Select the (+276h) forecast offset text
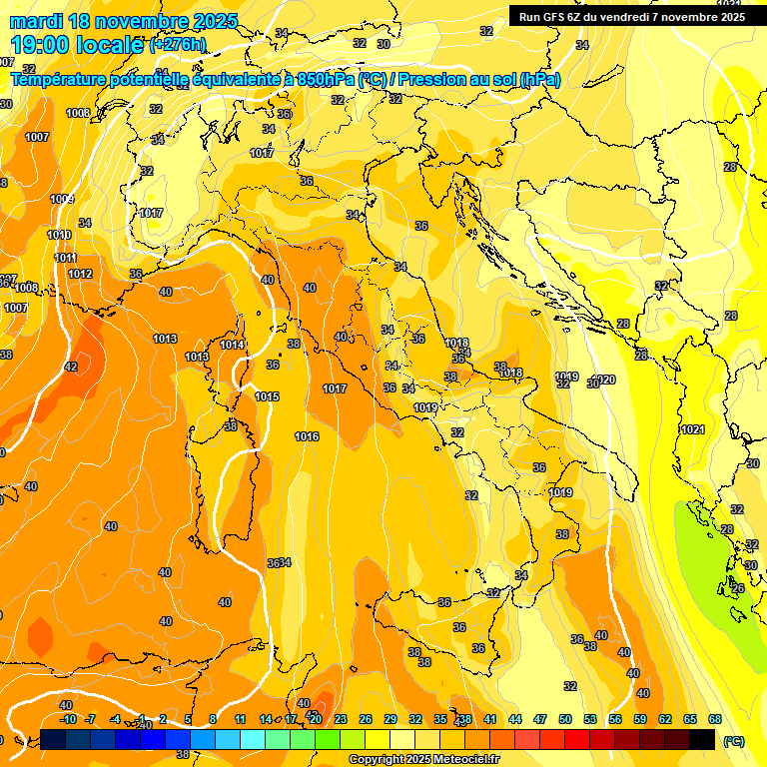click(178, 44)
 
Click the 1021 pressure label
click(692, 429)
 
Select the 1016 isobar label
click(307, 436)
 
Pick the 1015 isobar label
click(267, 396)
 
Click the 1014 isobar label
click(233, 345)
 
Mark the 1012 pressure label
click(81, 274)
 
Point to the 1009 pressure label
click(62, 199)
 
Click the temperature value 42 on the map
click(70, 367)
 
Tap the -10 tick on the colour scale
click(68, 719)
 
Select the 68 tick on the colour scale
click(715, 719)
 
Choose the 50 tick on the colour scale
click(565, 719)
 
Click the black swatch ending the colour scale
click(702, 739)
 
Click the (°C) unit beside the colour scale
click(733, 741)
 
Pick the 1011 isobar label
click(65, 258)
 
